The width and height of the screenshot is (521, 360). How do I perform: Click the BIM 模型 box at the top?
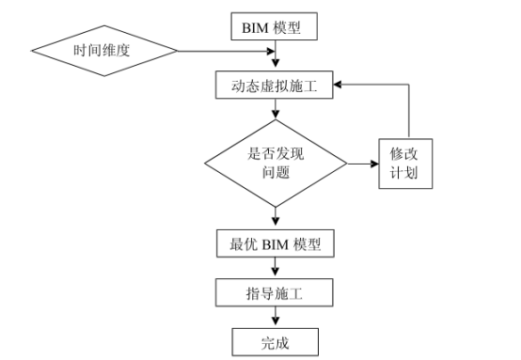coord(274,26)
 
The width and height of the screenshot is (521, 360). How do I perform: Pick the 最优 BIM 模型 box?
coord(274,244)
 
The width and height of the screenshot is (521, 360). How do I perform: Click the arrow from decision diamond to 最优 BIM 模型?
coord(275,217)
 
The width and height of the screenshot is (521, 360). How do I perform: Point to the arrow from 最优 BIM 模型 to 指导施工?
coord(275,269)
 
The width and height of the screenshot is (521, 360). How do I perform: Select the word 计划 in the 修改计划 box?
coord(406,175)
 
